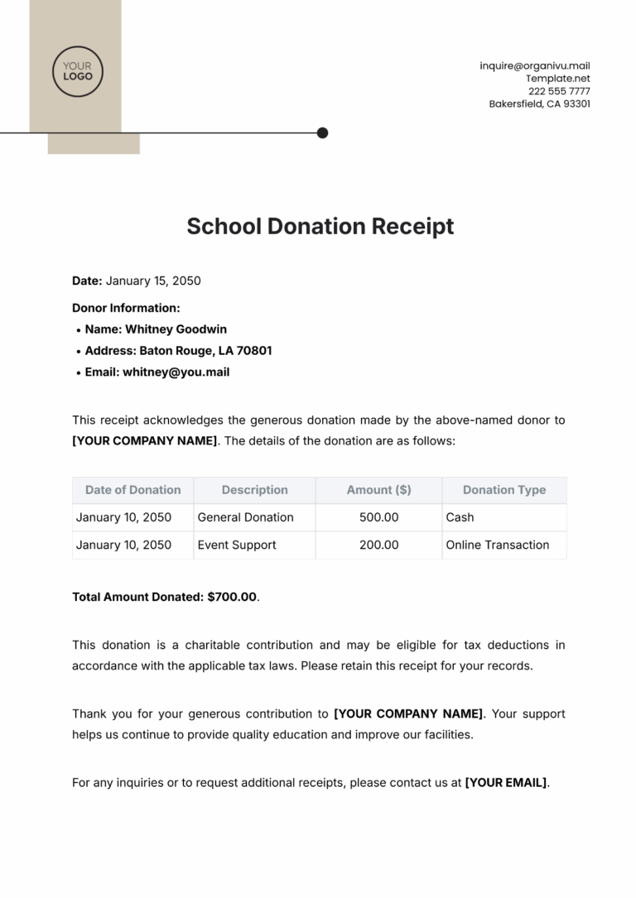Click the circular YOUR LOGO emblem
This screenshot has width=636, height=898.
point(78,72)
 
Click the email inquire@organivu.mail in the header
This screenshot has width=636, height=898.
point(535,66)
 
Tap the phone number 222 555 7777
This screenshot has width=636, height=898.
point(559,91)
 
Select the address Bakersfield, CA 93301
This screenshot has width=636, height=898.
point(539,104)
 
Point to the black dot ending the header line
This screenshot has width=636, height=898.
point(322,132)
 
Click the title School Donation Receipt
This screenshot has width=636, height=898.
point(320,226)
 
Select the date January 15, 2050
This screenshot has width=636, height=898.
point(153,281)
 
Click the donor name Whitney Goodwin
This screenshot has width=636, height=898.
point(176,329)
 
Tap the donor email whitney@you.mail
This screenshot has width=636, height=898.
point(176,372)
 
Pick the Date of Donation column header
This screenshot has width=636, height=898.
point(132,490)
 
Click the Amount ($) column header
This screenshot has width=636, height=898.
point(378,490)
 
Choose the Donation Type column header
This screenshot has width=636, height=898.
point(503,490)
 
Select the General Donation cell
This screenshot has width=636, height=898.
point(245,517)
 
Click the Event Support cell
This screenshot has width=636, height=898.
point(237,545)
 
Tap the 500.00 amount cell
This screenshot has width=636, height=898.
point(378,517)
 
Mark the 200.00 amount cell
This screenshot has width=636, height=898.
point(378,545)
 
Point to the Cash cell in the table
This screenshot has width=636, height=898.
point(460,517)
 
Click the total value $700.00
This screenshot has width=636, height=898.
point(231,597)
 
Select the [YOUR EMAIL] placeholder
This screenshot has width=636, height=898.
point(506,782)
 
